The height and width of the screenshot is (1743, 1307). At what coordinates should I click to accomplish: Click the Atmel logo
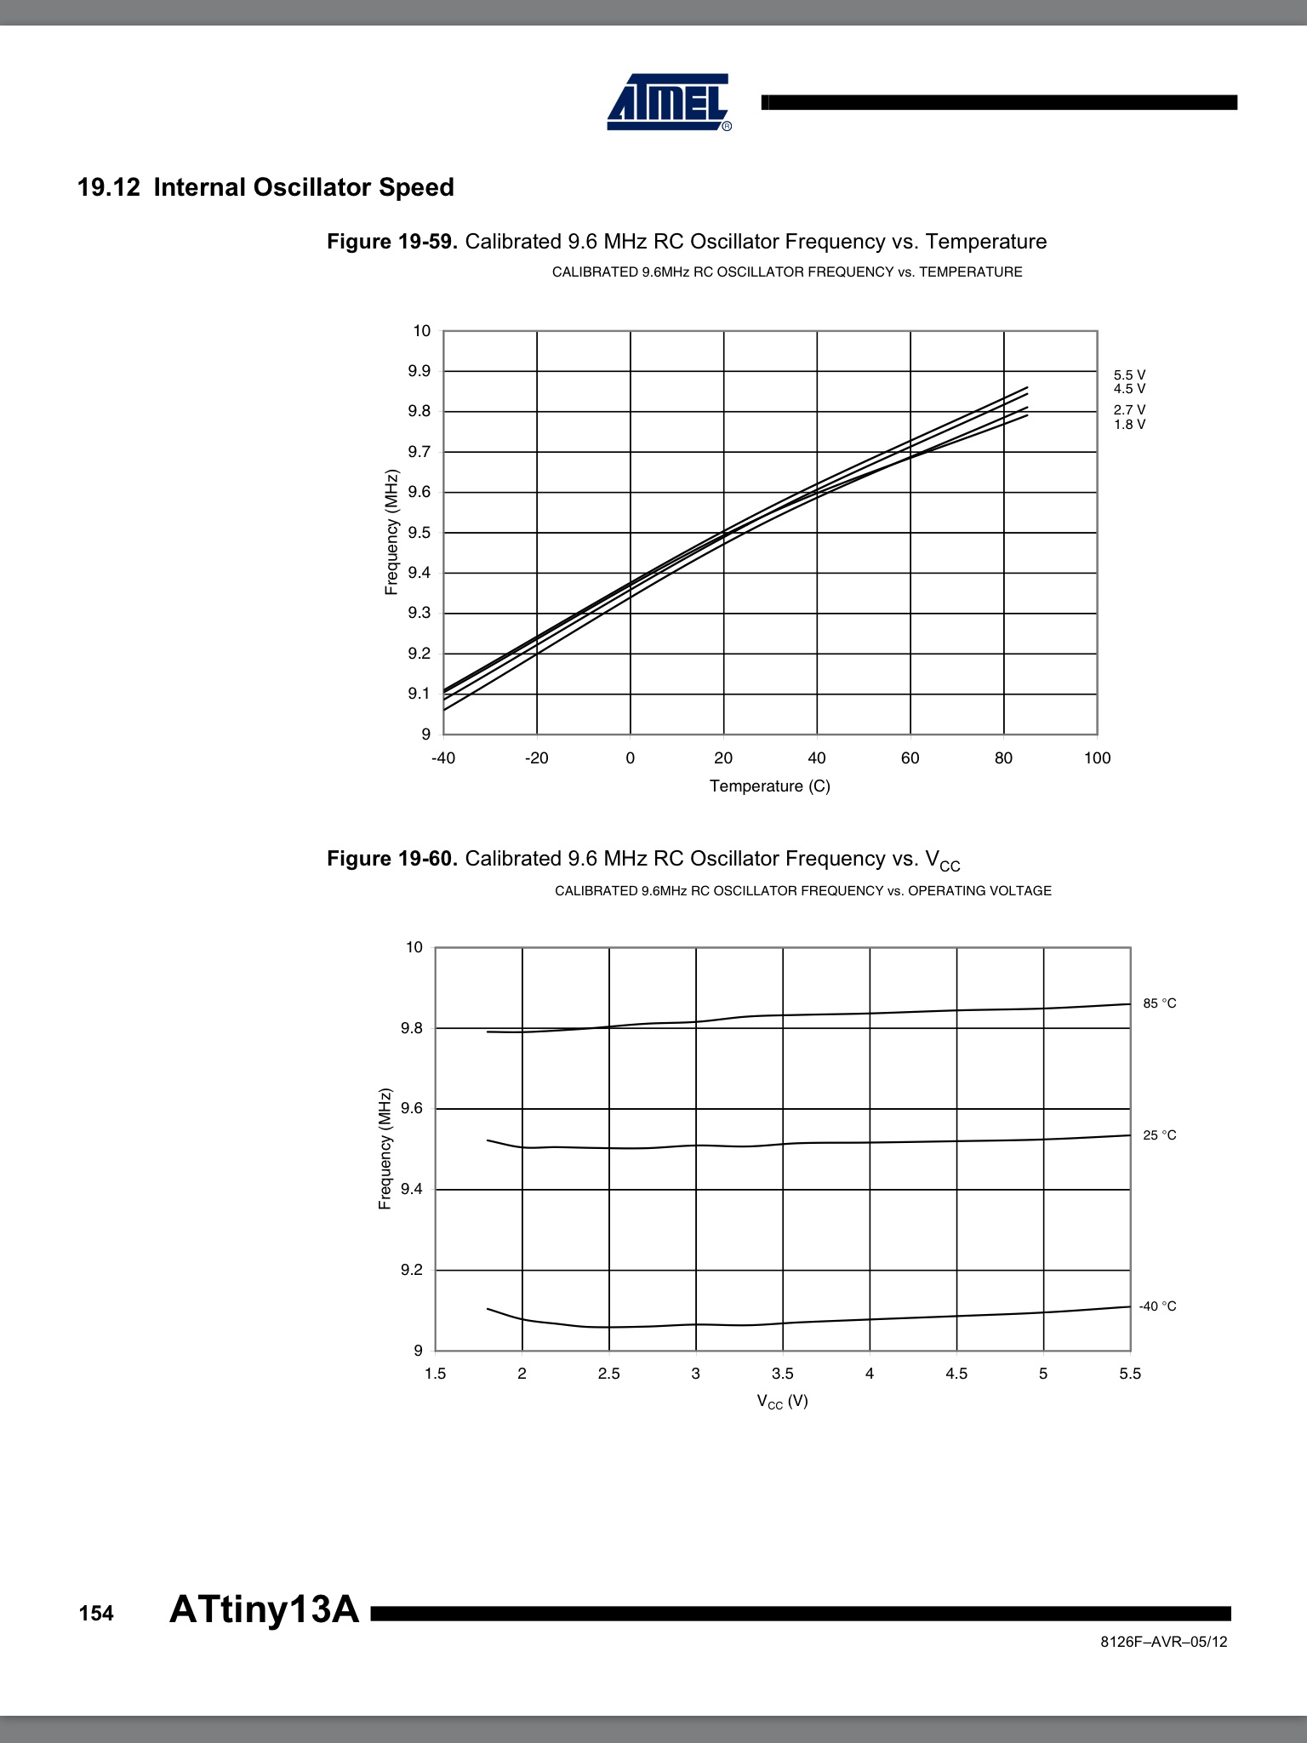click(669, 102)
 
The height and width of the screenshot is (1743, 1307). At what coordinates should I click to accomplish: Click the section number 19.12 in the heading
click(108, 187)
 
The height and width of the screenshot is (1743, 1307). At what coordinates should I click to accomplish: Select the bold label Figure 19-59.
click(391, 242)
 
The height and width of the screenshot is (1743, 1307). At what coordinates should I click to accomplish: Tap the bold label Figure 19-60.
click(391, 859)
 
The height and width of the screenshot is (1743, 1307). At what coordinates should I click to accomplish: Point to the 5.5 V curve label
click(1129, 375)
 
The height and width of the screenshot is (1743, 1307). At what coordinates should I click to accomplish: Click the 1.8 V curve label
click(1129, 425)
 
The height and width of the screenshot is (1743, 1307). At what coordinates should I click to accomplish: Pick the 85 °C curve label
click(1159, 1003)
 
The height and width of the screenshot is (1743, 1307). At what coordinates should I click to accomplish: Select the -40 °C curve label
click(1157, 1306)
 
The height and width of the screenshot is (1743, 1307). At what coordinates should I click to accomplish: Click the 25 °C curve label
click(1159, 1135)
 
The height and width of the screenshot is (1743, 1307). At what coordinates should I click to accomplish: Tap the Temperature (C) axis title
click(769, 786)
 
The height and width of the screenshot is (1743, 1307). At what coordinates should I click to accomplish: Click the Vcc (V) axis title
click(782, 1401)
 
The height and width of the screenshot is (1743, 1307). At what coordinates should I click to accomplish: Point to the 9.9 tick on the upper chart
click(419, 371)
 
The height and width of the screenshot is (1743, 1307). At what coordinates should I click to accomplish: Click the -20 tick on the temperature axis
click(536, 758)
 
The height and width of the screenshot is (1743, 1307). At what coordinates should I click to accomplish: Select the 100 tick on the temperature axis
click(1097, 758)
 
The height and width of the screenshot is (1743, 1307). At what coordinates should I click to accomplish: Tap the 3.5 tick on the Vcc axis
click(782, 1374)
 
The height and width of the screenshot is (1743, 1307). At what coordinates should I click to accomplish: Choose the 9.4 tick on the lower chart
click(412, 1189)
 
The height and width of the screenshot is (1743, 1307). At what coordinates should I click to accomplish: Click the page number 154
click(96, 1614)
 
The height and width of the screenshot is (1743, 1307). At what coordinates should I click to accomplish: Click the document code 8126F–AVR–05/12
click(1163, 1642)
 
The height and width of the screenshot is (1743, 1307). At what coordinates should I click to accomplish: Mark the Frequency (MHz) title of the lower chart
click(385, 1149)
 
